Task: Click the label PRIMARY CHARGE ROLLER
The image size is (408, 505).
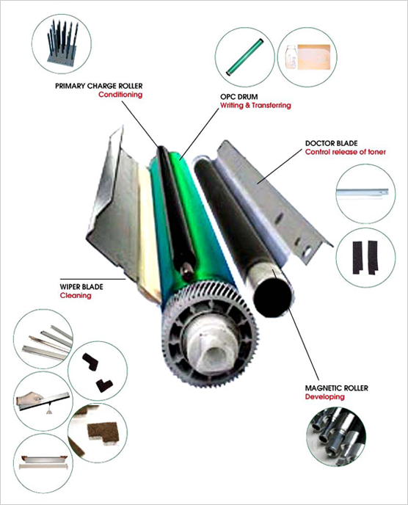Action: tap(98, 86)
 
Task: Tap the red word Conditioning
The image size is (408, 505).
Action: tap(120, 95)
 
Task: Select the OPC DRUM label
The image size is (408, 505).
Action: tap(239, 97)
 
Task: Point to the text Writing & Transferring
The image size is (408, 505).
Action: tap(255, 105)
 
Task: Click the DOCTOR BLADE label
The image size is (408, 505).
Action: tap(331, 143)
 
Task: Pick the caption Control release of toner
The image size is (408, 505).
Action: tap(345, 152)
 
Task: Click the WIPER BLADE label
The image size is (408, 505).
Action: tap(81, 287)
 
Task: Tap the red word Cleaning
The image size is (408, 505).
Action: tap(76, 295)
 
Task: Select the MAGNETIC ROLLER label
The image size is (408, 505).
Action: tap(337, 388)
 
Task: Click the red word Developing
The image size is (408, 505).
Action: tap(324, 397)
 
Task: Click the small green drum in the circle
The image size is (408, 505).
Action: tap(245, 57)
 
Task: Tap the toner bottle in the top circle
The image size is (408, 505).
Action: tap(291, 57)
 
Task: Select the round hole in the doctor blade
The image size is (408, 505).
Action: tap(307, 250)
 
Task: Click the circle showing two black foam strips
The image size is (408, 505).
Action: tap(365, 258)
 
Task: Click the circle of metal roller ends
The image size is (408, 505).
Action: tap(336, 437)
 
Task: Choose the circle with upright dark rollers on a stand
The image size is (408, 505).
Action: tap(62, 43)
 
